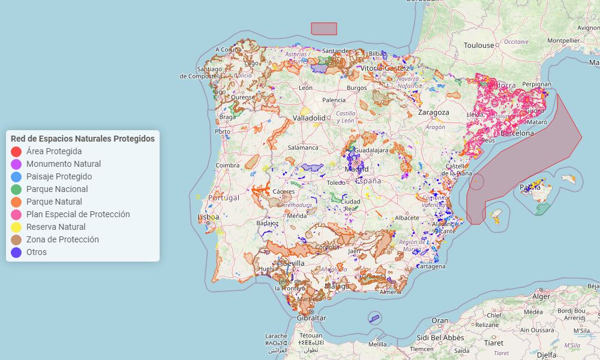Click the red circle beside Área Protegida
click(16, 152)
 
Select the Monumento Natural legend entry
click(64, 164)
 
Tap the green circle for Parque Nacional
click(16, 190)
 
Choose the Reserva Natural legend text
click(56, 227)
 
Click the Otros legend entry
click(36, 252)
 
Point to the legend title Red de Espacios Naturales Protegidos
click(83, 139)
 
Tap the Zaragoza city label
click(433, 112)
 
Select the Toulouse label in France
click(479, 45)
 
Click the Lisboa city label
click(208, 217)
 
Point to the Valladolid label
click(309, 118)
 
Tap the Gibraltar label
click(311, 318)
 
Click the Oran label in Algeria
click(440, 320)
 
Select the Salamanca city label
click(303, 147)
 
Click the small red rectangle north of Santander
click(324, 29)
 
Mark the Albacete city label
click(407, 217)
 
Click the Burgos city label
click(356, 88)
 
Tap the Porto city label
click(223, 131)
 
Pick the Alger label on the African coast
click(541, 296)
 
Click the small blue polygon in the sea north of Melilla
click(374, 319)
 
